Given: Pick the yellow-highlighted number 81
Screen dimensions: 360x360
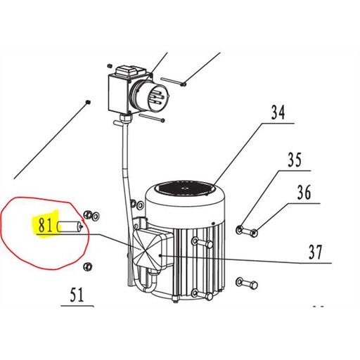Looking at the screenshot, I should coord(46,226).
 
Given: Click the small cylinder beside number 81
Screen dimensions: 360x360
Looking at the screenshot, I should coord(71,226).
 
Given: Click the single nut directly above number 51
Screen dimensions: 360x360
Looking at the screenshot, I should coord(88,266).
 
